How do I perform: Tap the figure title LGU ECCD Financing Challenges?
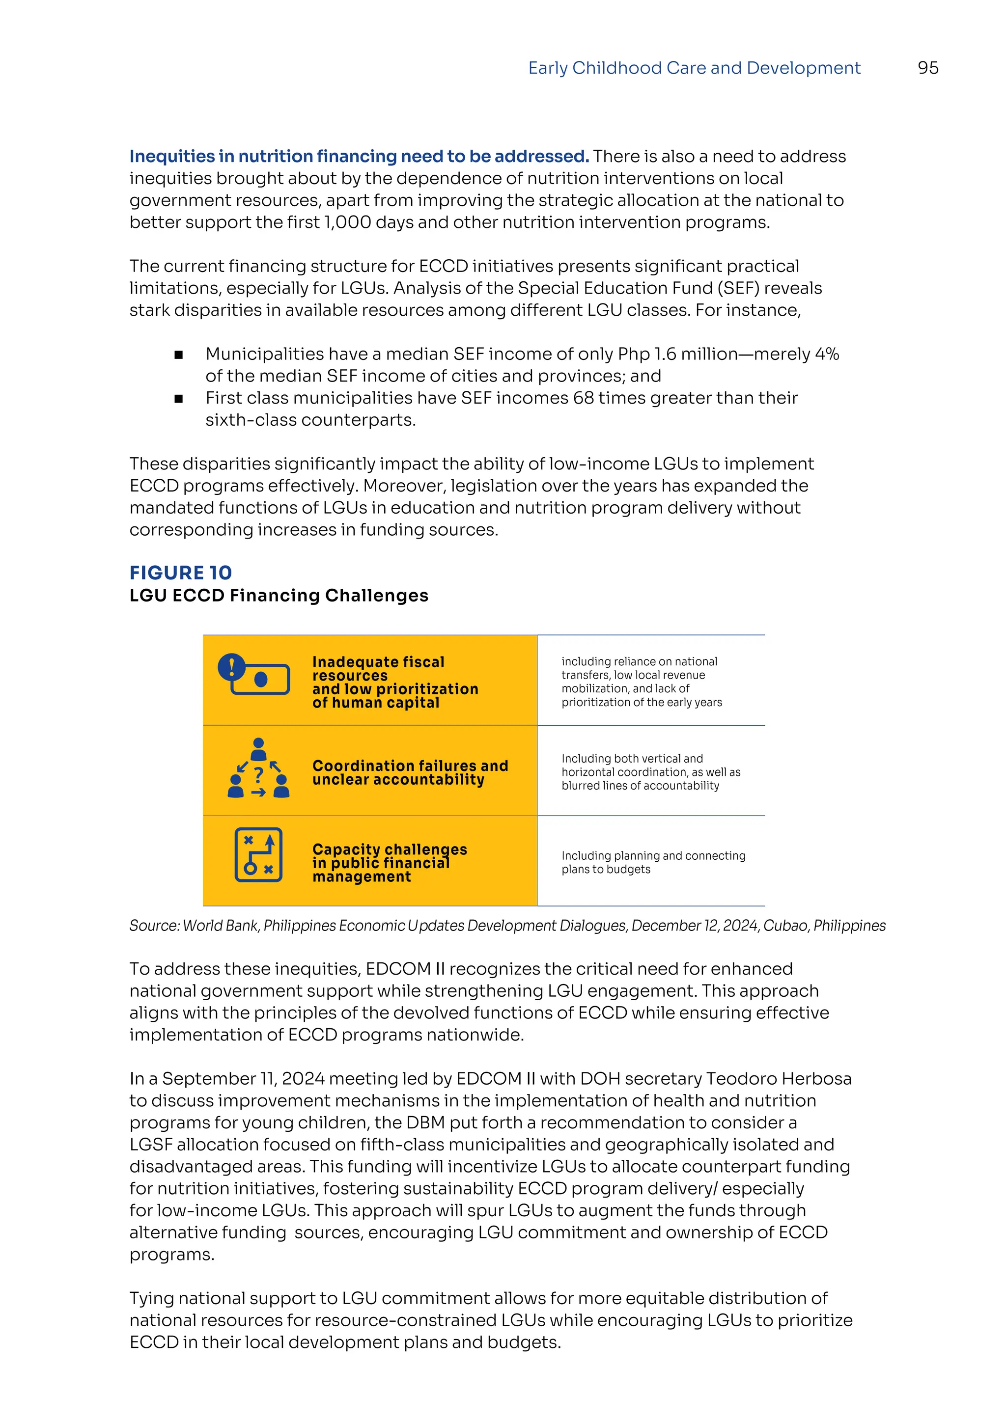coord(279,595)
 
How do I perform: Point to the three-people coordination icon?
coord(259,768)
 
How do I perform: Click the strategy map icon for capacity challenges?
coord(258,855)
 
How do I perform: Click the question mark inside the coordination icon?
coord(259,774)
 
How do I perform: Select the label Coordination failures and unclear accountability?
coord(410,772)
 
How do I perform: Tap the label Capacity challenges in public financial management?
coord(389,863)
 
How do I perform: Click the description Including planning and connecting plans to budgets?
coord(653,862)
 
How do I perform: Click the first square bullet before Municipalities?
coord(178,355)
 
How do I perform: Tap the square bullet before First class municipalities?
coord(178,399)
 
